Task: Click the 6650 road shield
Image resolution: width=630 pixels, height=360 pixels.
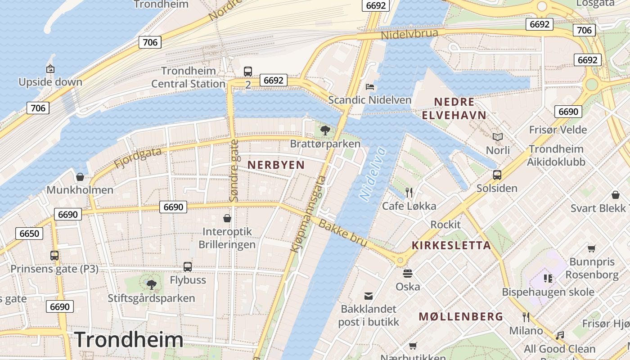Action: click(29, 233)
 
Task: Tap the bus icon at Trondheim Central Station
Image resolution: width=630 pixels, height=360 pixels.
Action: click(248, 71)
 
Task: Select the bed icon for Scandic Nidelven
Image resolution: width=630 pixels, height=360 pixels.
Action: click(370, 86)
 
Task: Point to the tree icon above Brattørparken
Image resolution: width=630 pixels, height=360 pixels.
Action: click(325, 130)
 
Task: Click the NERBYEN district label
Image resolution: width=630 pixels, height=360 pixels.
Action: click(276, 165)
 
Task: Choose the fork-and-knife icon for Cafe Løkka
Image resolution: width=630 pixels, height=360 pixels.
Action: click(409, 193)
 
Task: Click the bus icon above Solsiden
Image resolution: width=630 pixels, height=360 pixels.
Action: click(497, 175)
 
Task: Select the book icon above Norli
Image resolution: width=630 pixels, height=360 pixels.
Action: click(497, 137)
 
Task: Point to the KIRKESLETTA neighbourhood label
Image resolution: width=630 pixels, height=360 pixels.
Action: click(451, 246)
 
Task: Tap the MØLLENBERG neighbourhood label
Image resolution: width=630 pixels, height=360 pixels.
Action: click(461, 316)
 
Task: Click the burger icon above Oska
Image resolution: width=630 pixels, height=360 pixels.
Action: click(408, 273)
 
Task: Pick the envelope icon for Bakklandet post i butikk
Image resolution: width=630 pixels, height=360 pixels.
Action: click(369, 296)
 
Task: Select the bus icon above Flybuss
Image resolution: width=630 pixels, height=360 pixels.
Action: click(188, 266)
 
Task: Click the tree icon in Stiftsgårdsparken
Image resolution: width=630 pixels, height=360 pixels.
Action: click(151, 284)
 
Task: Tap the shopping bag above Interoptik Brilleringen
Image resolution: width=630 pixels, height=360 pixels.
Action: click(227, 218)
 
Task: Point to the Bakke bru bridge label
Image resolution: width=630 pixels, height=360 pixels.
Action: click(343, 233)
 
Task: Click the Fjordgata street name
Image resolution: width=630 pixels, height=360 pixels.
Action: click(138, 158)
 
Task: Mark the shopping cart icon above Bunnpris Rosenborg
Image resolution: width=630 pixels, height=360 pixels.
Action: click(592, 248)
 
